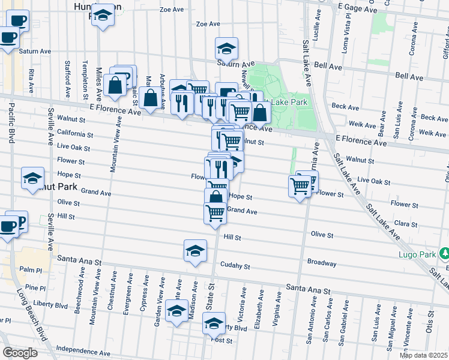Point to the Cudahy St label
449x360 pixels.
tap(235, 266)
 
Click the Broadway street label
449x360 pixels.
tap(322, 263)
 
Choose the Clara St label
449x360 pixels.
tap(405, 224)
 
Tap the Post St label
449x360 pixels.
tap(222, 340)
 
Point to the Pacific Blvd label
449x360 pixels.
tap(11, 124)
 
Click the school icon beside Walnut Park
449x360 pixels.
tap(32, 178)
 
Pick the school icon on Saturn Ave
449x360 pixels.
tap(226, 48)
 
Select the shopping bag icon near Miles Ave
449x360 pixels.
tap(115, 85)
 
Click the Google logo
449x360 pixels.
tap(20, 353)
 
